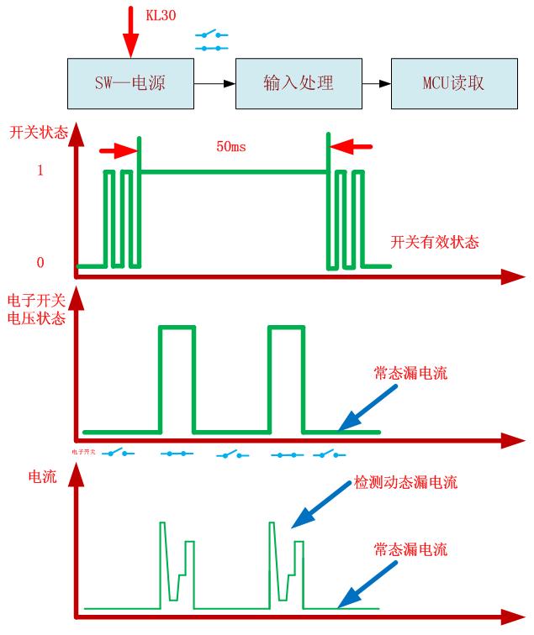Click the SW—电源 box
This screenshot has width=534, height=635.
[130, 84]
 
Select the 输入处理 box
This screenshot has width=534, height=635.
[299, 84]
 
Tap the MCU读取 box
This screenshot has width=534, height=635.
[453, 84]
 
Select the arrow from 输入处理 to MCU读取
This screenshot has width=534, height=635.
[376, 84]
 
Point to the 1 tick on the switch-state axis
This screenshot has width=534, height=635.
[40, 171]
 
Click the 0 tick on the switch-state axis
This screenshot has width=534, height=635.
[40, 263]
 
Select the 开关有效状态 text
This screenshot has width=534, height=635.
[435, 242]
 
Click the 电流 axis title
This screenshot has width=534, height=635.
[42, 477]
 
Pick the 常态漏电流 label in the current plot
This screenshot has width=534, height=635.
[410, 550]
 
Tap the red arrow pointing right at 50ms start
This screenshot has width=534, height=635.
[118, 151]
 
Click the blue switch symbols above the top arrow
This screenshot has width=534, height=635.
[213, 41]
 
